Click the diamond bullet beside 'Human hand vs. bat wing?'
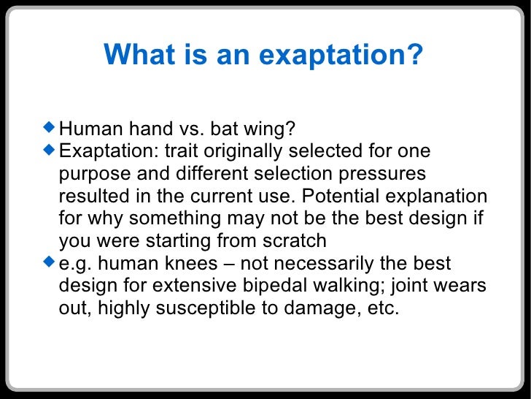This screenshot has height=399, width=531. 49,128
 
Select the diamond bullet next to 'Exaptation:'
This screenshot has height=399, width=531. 49,150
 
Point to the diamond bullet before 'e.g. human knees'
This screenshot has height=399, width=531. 49,261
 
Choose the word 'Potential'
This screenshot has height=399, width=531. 348,197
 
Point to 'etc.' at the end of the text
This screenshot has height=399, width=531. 382,308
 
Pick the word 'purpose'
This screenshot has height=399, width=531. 92,175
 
